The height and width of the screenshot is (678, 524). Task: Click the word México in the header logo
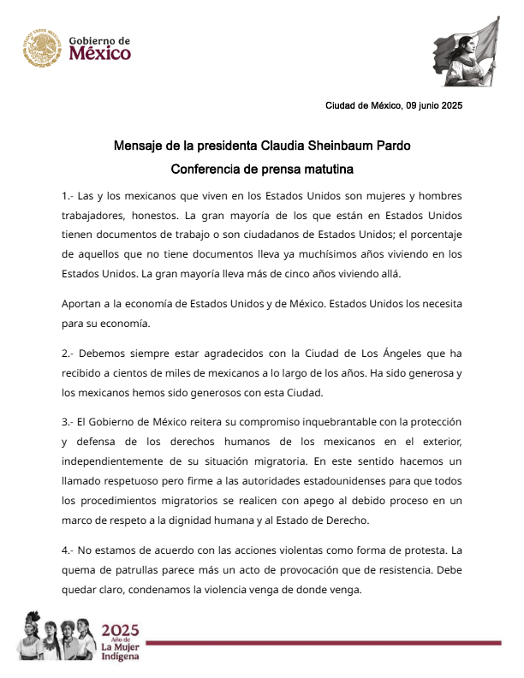tap(101, 54)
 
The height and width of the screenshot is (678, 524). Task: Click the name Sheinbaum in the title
tap(336, 146)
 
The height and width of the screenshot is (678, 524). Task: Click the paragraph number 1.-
tap(69, 195)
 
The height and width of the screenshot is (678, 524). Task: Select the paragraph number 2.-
tap(69, 353)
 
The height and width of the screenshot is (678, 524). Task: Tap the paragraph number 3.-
tap(69, 423)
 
